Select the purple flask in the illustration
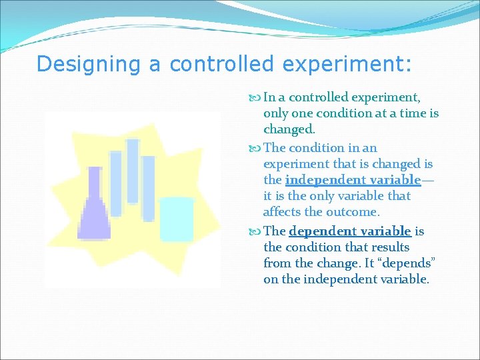click(95, 213)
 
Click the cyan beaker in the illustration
click(177, 219)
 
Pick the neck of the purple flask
click(95, 183)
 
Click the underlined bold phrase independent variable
click(353, 180)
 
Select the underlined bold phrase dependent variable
click(350, 231)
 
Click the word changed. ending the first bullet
click(288, 130)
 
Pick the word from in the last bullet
click(277, 263)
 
